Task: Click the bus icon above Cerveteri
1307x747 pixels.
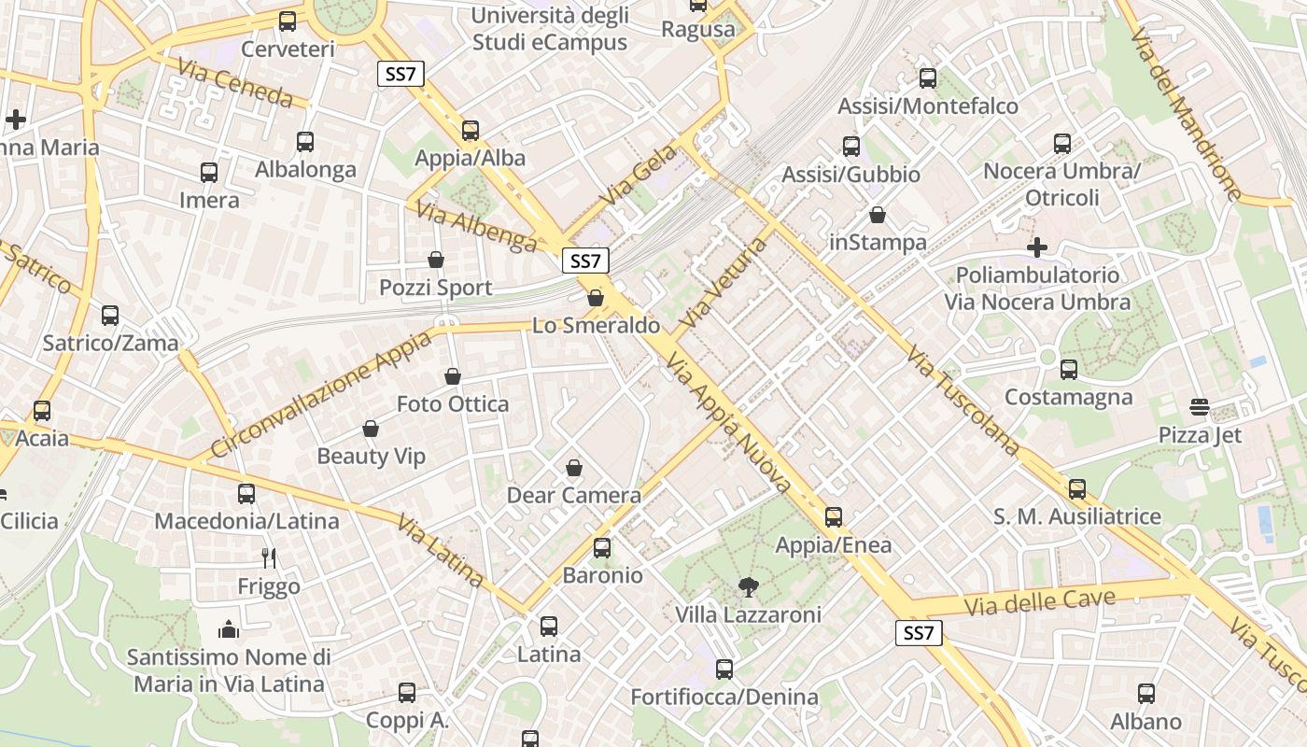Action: (x=288, y=21)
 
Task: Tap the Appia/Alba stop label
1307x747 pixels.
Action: (x=471, y=158)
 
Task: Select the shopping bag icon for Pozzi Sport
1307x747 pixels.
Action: (x=435, y=260)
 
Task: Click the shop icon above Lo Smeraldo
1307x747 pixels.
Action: (x=596, y=298)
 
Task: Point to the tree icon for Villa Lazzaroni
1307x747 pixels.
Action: (x=748, y=587)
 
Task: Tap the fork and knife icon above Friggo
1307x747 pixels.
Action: (x=269, y=558)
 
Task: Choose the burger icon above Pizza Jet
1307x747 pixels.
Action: (x=1200, y=407)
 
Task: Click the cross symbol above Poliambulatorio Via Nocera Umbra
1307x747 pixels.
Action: (x=1037, y=247)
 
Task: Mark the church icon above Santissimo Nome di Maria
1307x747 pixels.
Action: (x=229, y=629)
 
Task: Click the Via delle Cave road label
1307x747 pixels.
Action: (x=1039, y=602)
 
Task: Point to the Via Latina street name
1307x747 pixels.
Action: (x=440, y=551)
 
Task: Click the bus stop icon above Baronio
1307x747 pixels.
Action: (x=602, y=548)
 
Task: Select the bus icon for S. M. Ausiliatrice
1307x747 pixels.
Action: (x=1077, y=489)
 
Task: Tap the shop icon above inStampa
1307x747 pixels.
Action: (x=878, y=216)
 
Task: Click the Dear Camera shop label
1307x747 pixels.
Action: (x=573, y=495)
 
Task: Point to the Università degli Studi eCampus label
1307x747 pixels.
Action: (x=550, y=29)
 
